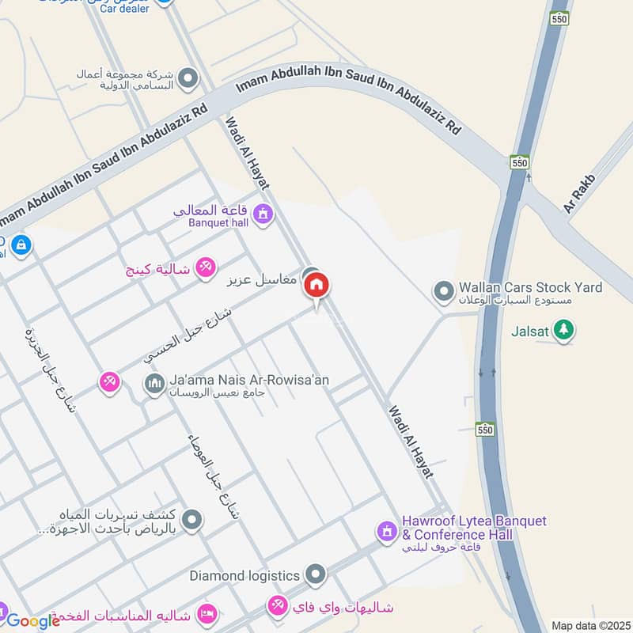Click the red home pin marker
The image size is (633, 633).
[x=316, y=286]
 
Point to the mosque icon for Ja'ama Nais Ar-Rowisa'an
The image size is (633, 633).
[x=154, y=385]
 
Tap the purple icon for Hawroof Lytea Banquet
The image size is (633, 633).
[x=386, y=531]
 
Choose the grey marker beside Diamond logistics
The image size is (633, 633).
[x=316, y=574]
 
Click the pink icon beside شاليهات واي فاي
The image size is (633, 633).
[x=278, y=607]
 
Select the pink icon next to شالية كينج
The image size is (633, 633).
[x=205, y=268]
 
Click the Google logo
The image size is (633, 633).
[x=32, y=621]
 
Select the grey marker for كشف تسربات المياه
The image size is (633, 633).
[x=191, y=520]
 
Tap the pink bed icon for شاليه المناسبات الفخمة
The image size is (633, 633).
[x=206, y=614]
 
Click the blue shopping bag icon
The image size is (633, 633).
[x=21, y=244]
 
